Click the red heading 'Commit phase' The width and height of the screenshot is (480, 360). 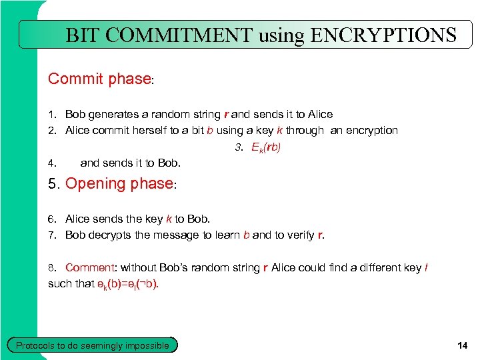point(99,79)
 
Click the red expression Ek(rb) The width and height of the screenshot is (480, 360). point(266,147)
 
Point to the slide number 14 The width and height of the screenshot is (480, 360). point(463,345)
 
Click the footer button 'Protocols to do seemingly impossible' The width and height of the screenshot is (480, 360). point(93,345)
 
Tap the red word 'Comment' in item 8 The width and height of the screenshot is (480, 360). point(90,267)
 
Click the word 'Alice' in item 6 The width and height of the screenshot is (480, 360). point(77,219)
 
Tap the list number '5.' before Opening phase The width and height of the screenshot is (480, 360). point(54,184)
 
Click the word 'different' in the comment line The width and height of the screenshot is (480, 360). point(361,267)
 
